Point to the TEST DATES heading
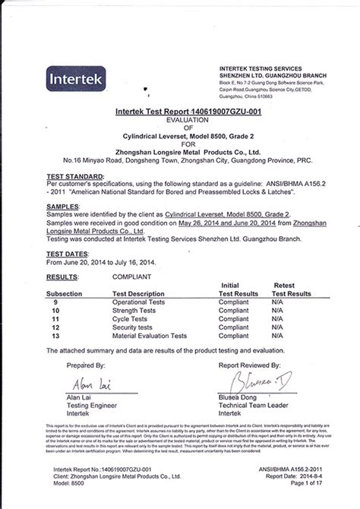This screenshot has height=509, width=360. (67, 254)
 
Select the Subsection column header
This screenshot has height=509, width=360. (68, 293)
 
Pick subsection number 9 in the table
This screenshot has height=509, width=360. (55, 302)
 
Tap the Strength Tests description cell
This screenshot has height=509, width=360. (137, 311)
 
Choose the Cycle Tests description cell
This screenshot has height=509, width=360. (131, 319)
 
